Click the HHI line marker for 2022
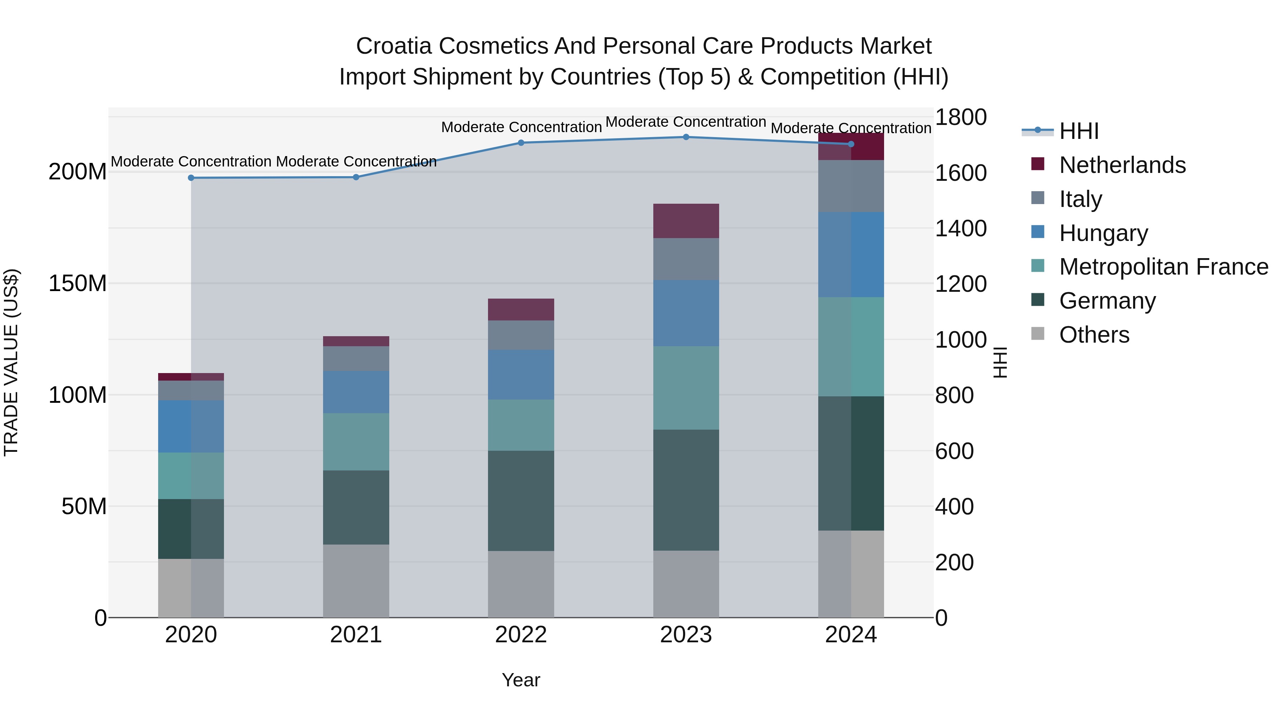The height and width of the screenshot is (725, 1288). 521,142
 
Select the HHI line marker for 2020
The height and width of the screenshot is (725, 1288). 191,178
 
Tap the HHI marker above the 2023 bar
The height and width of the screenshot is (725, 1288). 686,137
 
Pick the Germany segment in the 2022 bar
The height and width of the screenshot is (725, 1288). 521,501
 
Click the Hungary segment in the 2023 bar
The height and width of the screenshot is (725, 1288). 686,313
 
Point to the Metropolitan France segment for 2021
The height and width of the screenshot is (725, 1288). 356,441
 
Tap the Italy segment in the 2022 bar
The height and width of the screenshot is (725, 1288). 521,335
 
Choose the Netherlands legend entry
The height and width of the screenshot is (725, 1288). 1122,165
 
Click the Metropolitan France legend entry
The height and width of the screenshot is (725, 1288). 1163,267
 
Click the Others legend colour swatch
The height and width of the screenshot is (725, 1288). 1038,334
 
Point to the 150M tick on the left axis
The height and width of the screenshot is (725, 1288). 78,284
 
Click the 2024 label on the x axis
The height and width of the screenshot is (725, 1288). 851,635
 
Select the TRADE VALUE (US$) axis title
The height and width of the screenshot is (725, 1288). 11,362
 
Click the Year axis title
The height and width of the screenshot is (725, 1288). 521,680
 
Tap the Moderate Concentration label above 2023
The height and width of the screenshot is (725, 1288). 686,122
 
